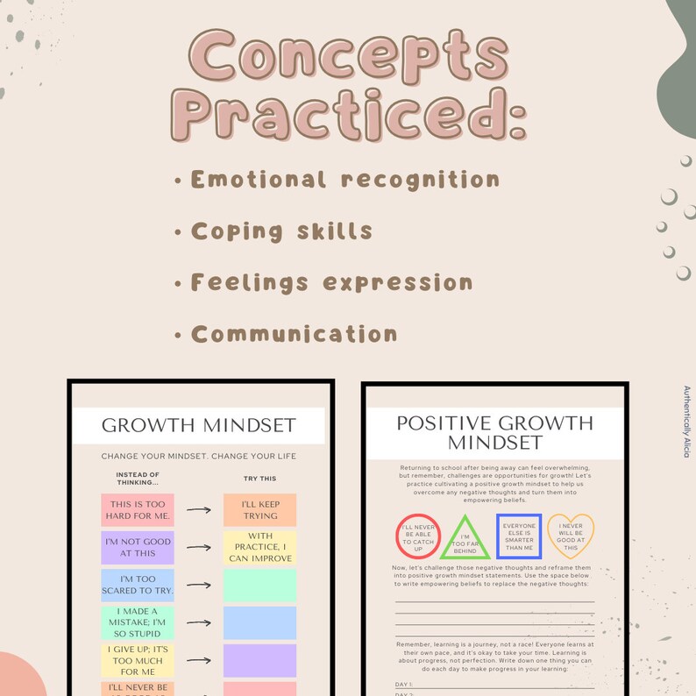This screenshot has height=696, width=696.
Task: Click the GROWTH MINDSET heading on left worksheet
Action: point(199,427)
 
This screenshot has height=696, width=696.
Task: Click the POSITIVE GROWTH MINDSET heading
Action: point(494,432)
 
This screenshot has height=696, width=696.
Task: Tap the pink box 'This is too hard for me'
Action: point(138,509)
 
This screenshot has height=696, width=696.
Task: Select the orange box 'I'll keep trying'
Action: point(259,509)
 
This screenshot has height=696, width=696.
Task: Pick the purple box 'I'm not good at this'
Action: point(138,547)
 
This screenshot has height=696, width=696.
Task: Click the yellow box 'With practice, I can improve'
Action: point(259,548)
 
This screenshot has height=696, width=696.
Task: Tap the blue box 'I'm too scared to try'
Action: point(138,585)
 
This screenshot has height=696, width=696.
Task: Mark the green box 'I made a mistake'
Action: point(138,622)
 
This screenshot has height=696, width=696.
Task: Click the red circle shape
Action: point(418,536)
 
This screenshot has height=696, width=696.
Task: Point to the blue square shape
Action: point(519,536)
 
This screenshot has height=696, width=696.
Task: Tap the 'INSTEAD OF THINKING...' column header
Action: point(138,479)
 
